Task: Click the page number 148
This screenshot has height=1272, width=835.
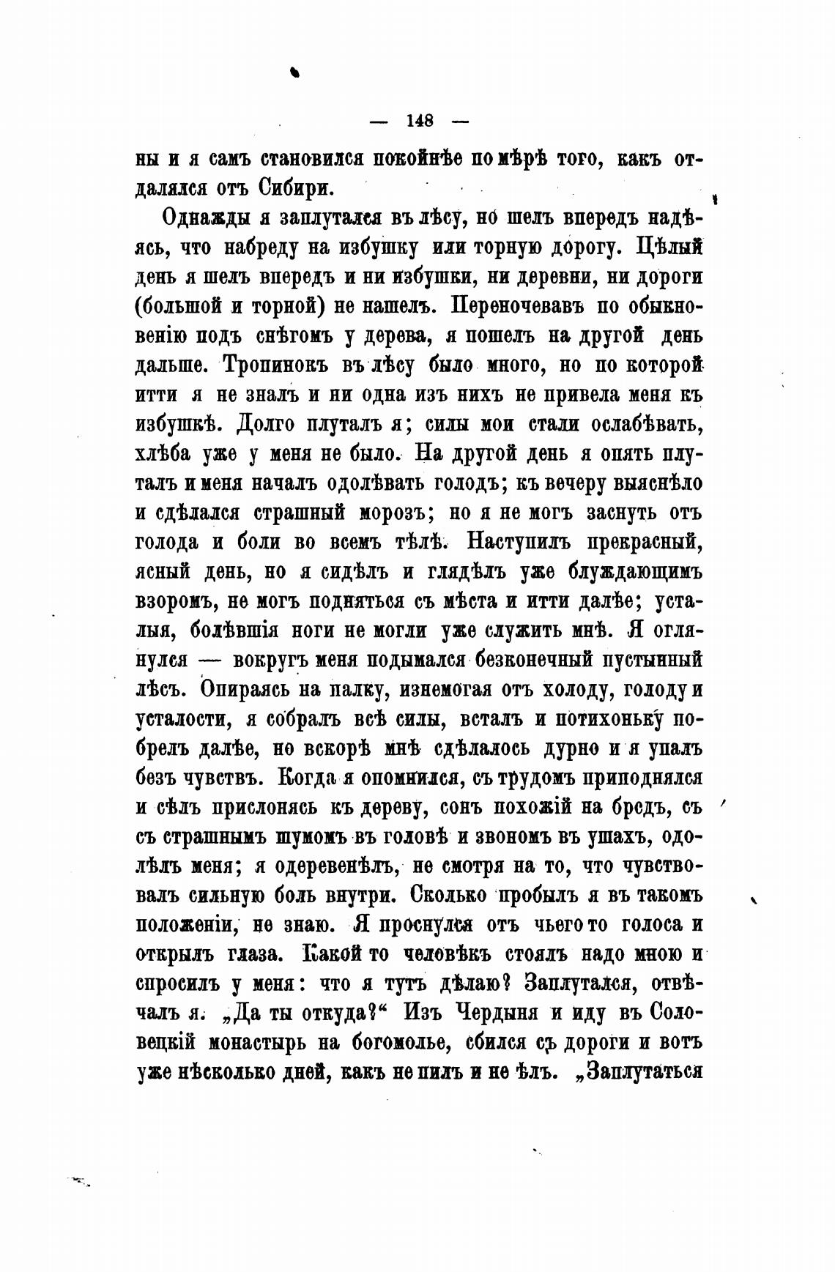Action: pos(420,121)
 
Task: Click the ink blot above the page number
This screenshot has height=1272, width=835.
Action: pos(295,70)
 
